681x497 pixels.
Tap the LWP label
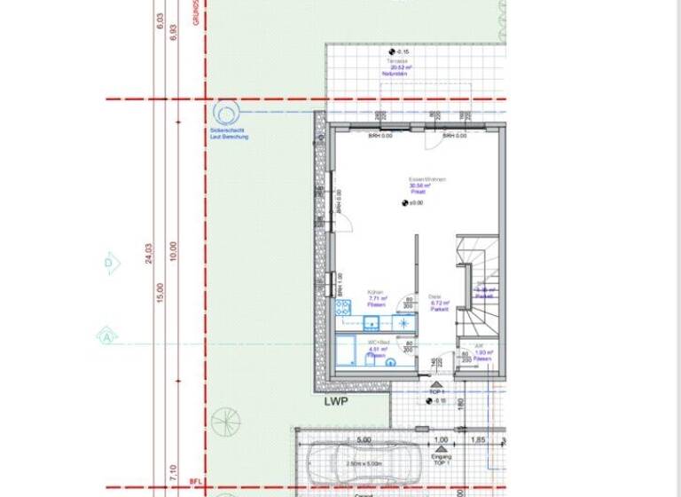click(x=336, y=402)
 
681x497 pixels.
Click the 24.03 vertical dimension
click(x=149, y=254)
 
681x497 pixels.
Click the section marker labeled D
click(x=110, y=263)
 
